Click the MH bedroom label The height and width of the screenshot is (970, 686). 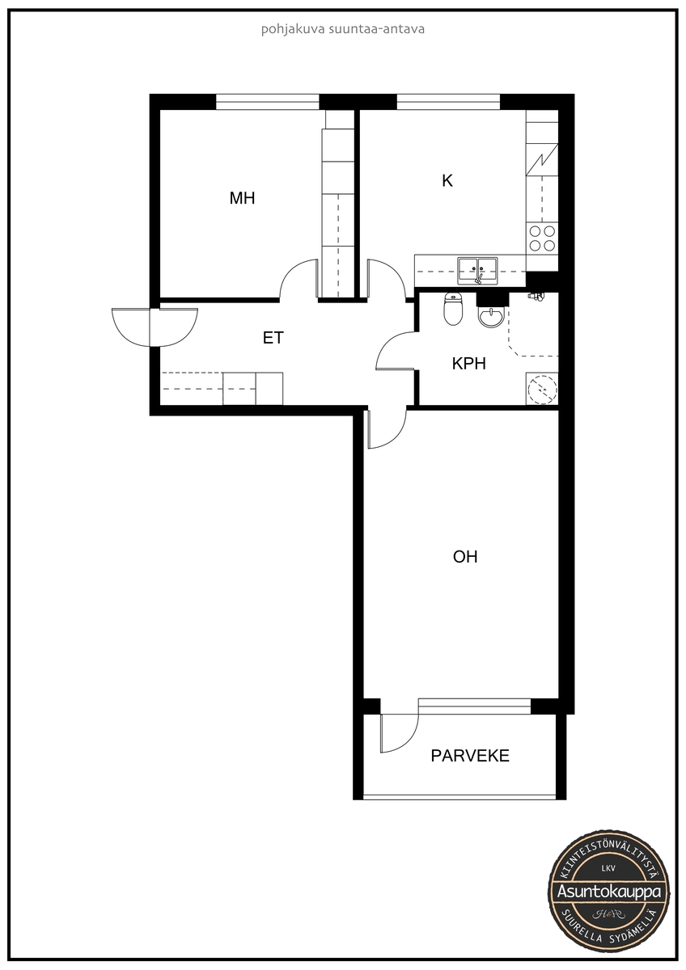pyautogui.click(x=242, y=198)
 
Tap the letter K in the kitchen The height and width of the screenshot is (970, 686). pyautogui.click(x=447, y=180)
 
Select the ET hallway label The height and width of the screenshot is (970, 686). pyautogui.click(x=273, y=338)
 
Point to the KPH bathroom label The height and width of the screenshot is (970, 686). pyautogui.click(x=468, y=364)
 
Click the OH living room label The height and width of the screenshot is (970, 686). pyautogui.click(x=465, y=557)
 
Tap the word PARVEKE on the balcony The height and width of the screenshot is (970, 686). pyautogui.click(x=470, y=756)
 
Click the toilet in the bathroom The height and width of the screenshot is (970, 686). pyautogui.click(x=453, y=309)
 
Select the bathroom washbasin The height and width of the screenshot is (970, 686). pyautogui.click(x=490, y=317)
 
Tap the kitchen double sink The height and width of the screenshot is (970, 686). pyautogui.click(x=477, y=271)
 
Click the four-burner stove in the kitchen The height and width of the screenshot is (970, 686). pyautogui.click(x=542, y=238)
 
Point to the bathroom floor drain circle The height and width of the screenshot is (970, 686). pyautogui.click(x=542, y=390)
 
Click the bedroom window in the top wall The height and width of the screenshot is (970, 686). pyautogui.click(x=268, y=102)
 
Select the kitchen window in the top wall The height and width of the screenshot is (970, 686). pyautogui.click(x=448, y=102)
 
